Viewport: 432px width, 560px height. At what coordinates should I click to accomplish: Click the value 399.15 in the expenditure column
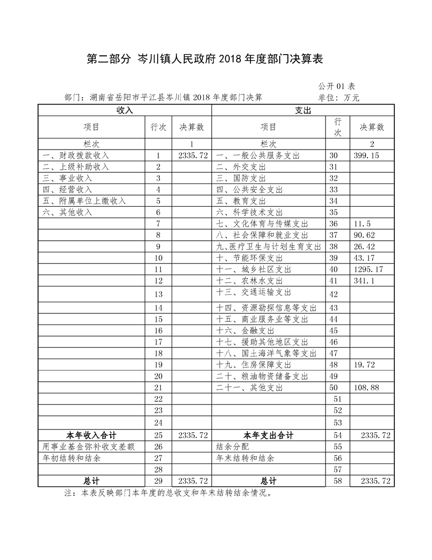tap(365, 156)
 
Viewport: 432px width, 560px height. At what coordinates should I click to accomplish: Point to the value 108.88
tap(367, 388)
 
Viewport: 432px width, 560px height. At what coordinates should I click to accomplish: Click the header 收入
tap(124, 110)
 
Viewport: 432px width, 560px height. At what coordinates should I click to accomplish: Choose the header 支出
tap(303, 110)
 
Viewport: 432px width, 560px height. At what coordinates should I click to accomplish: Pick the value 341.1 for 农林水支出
tap(364, 281)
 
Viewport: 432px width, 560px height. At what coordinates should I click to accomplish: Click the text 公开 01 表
tap(337, 86)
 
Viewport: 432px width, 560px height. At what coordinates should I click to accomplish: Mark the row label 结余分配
tap(231, 447)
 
